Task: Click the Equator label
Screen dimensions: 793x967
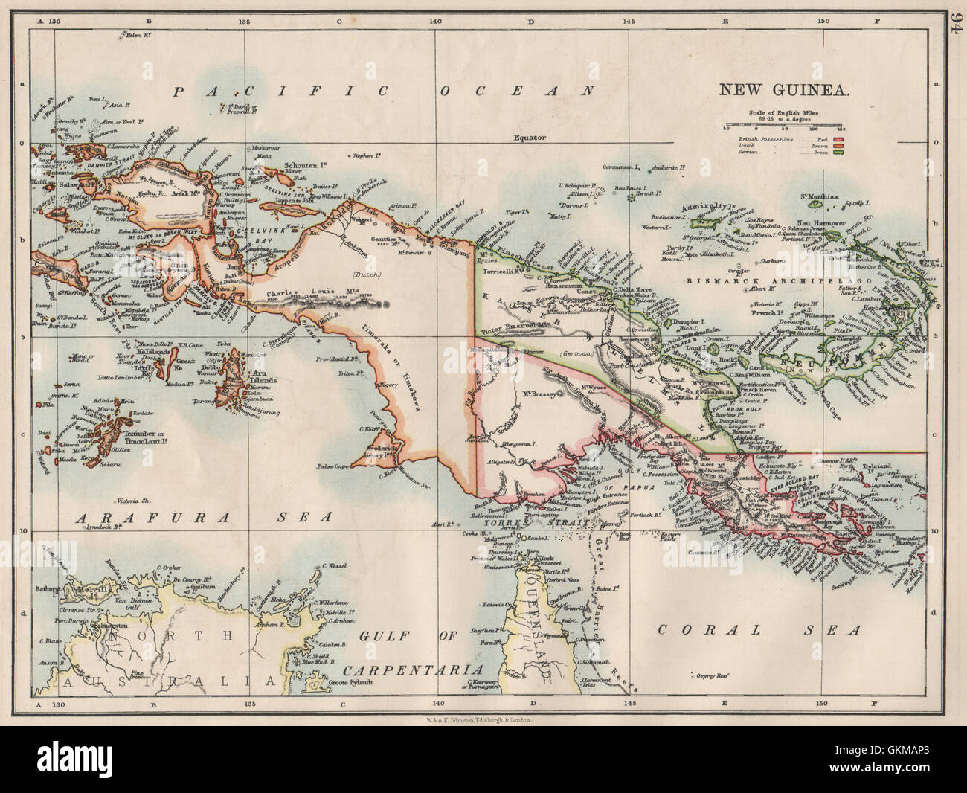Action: point(530,138)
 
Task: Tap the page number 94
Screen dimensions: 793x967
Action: point(954,28)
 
